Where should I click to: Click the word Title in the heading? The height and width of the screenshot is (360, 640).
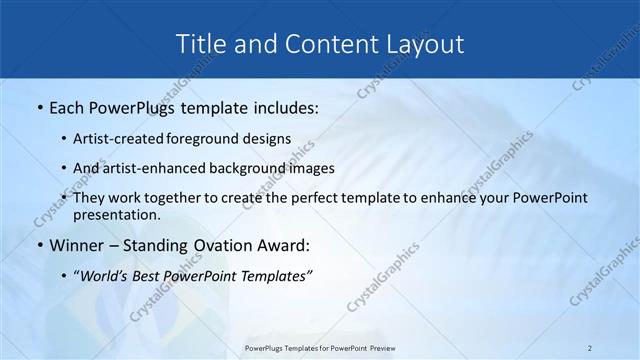200,44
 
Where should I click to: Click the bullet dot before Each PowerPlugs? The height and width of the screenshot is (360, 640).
39,106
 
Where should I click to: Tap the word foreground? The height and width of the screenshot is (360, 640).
204,139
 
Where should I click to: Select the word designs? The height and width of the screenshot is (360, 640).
266,139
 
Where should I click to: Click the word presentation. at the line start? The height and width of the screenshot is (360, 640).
116,214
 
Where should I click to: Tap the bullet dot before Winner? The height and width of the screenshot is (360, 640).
39,245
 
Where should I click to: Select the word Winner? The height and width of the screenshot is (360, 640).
78,244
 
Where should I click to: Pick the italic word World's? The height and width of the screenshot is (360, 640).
105,276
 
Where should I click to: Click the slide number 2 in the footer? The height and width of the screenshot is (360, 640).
590,348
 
